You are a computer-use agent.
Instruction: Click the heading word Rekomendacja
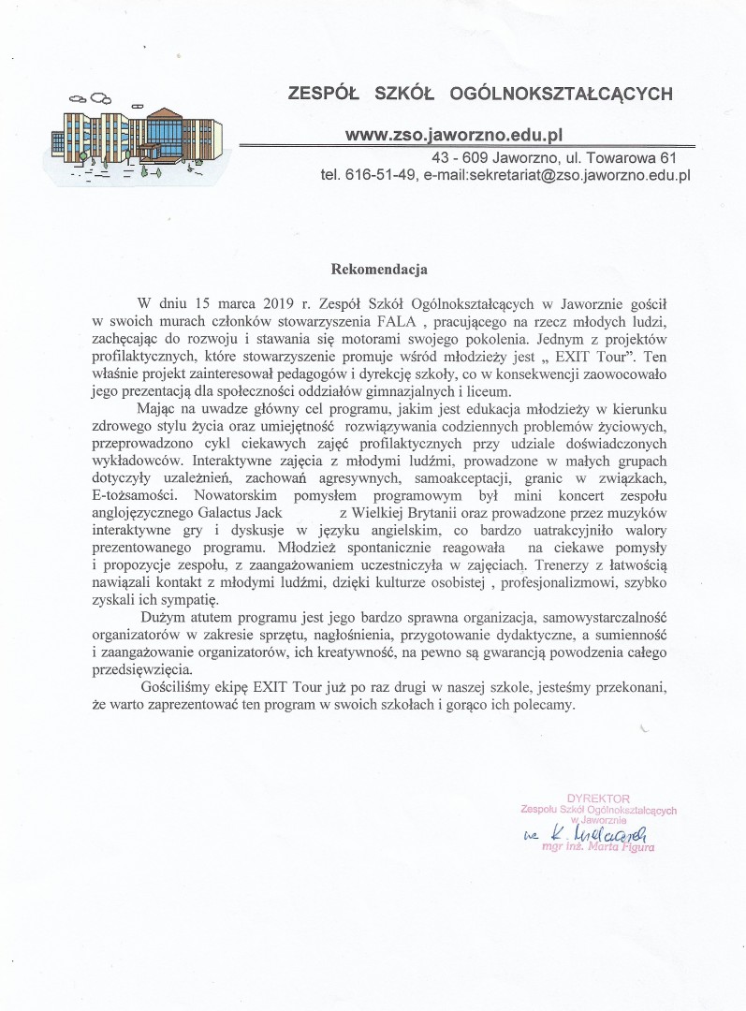[380, 270]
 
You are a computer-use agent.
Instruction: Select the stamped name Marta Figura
[619, 848]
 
